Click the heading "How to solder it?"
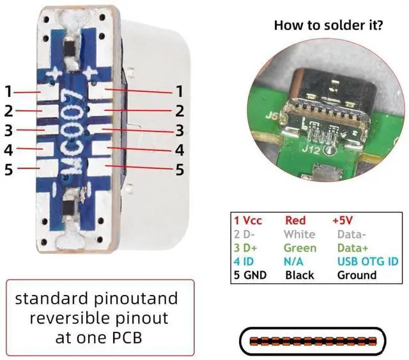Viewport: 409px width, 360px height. click(328, 25)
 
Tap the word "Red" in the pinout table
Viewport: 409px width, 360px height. click(295, 220)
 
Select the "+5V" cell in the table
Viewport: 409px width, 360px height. click(343, 220)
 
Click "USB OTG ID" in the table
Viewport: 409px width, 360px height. click(368, 261)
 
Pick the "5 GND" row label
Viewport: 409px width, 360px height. click(250, 275)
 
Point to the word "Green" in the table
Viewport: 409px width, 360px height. click(300, 248)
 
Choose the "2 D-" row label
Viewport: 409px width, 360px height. click(244, 234)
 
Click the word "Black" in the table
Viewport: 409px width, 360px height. click(300, 275)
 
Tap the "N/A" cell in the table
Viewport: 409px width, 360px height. click(293, 261)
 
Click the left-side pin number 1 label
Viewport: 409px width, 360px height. click(8, 92)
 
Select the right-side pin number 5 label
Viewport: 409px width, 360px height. click(180, 170)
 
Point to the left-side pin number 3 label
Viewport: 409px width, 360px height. click(8, 130)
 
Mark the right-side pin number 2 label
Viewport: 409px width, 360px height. click(180, 111)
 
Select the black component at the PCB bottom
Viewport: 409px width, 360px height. click(70, 208)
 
